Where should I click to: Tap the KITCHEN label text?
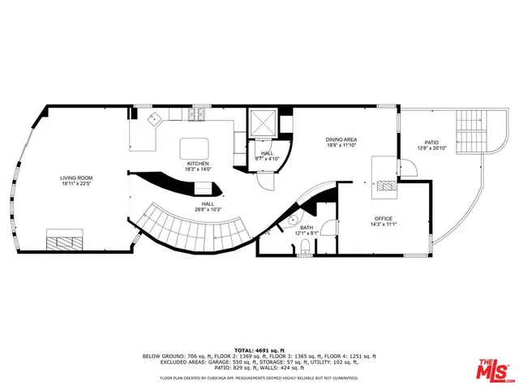[x=199, y=164]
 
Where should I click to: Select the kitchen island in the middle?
[x=195, y=147]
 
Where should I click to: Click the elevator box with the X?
[x=265, y=123]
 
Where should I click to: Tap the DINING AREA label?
[x=341, y=139]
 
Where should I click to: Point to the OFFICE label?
[x=384, y=218]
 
